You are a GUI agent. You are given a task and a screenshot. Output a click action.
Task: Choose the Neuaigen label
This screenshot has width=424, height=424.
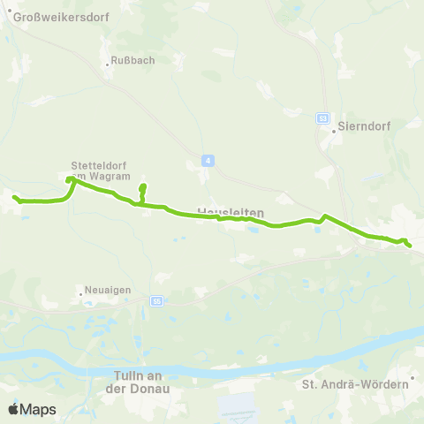point(104,290)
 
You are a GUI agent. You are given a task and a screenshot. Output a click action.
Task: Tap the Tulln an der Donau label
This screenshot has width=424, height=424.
point(141,381)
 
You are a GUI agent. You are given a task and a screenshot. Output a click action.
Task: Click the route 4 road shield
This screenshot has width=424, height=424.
point(206,160)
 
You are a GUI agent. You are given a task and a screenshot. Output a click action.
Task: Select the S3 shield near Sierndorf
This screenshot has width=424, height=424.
point(323,117)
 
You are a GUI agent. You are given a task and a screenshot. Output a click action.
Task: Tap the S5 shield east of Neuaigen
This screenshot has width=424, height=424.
point(156,300)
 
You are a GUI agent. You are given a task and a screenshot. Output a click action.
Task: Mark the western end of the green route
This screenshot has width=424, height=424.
point(15,197)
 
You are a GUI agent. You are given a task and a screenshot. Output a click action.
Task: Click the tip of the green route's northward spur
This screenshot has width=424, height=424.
point(142,186)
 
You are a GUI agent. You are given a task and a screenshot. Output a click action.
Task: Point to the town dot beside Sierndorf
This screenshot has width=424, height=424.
point(335,126)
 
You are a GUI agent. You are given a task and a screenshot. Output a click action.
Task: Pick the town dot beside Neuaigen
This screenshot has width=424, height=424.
point(79,290)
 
